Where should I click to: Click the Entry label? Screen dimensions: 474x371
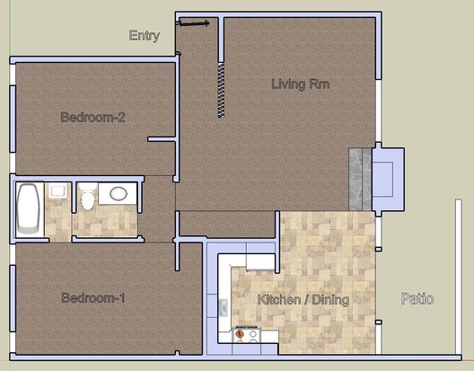point(145,36)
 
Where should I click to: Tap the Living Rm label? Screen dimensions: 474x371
point(301,84)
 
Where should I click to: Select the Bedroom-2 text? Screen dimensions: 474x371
point(92,117)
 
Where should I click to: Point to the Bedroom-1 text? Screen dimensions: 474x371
point(93,297)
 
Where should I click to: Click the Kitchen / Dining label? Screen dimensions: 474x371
point(303,299)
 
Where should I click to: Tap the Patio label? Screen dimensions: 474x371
point(417,298)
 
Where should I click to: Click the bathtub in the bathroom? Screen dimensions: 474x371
point(28,209)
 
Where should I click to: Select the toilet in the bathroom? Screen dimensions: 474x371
point(88,197)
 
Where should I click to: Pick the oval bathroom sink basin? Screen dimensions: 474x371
point(118,193)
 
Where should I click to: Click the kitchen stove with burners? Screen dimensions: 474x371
point(246,335)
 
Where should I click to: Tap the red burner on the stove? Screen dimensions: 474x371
point(240,334)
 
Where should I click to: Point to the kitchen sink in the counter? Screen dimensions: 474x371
point(224,307)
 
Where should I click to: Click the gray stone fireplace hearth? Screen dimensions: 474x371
point(360,179)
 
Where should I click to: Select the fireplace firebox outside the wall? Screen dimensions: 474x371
point(389,179)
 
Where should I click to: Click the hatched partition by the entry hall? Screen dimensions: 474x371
point(221,91)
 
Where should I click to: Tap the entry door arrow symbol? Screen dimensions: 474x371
point(193,23)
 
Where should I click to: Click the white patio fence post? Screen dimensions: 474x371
point(458,278)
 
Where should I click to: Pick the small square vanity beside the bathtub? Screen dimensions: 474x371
point(57,191)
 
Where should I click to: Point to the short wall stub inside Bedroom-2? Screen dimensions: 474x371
point(162,139)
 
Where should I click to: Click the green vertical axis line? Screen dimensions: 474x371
point(10,28)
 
